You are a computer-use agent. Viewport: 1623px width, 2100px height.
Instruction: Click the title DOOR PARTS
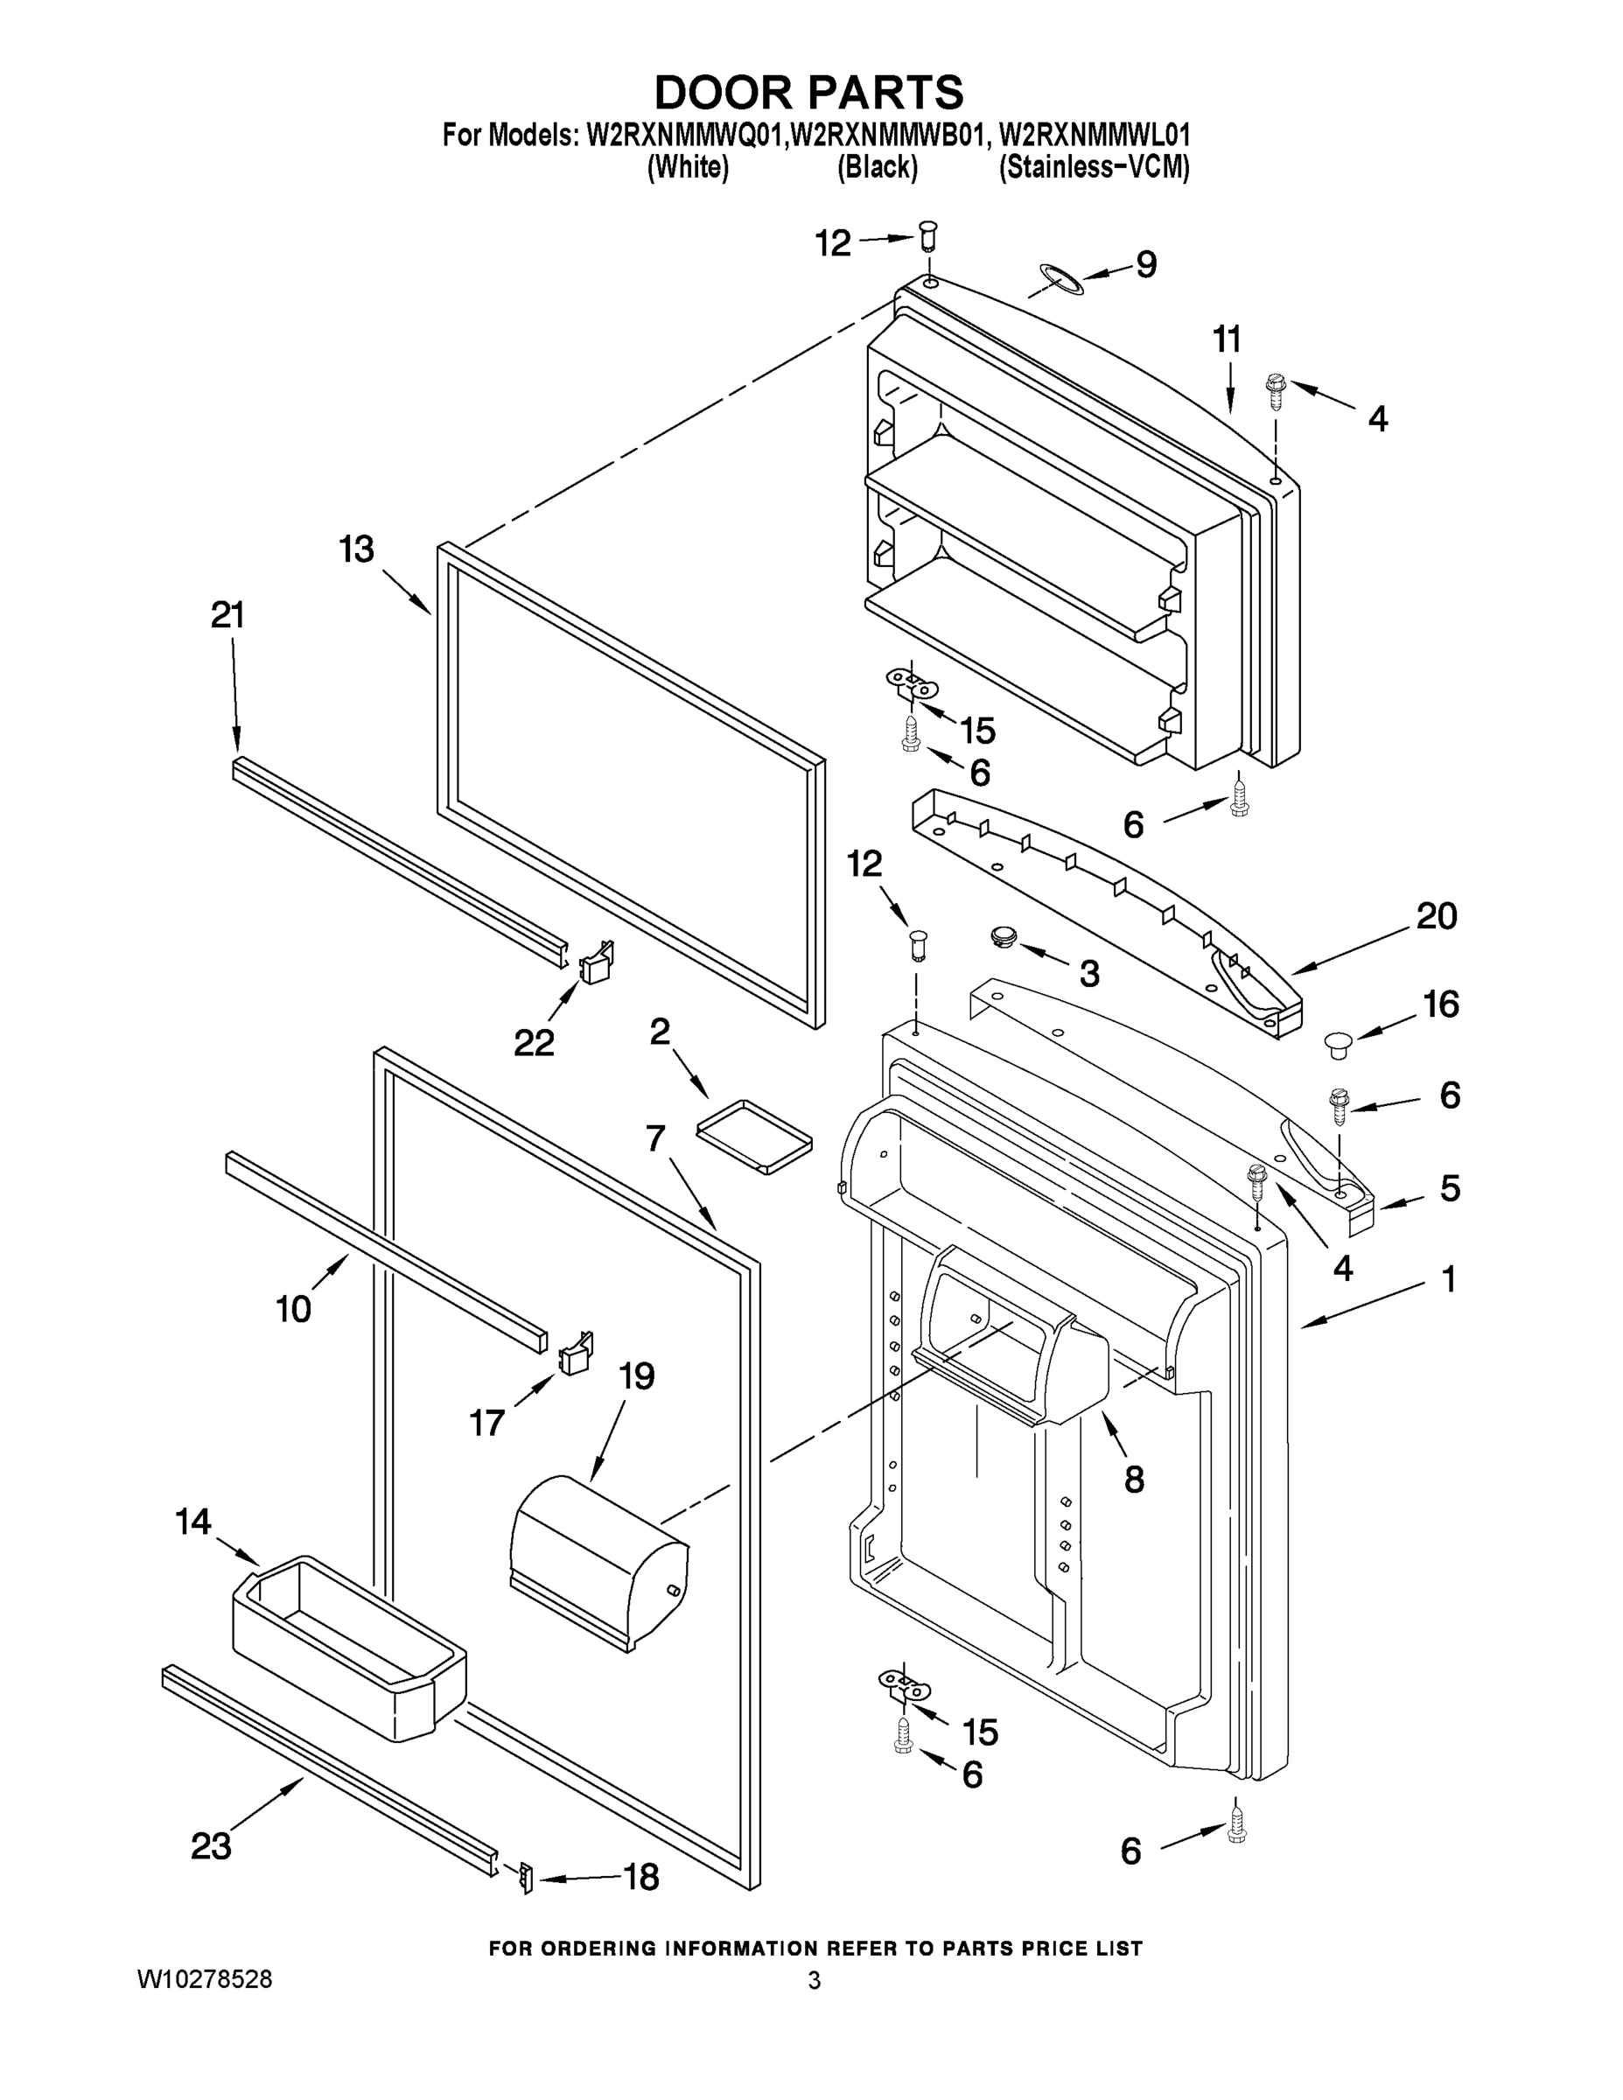(x=808, y=94)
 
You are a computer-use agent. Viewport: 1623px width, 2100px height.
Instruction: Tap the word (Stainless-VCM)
(x=1095, y=167)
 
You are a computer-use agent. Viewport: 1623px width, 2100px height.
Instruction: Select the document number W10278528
(x=204, y=1980)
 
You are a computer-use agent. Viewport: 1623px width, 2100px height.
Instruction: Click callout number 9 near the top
(x=1146, y=264)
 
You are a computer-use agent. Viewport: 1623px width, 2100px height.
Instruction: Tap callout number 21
(x=227, y=614)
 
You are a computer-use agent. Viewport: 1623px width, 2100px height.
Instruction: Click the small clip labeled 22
(x=596, y=962)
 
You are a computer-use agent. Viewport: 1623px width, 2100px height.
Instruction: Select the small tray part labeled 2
(x=755, y=1137)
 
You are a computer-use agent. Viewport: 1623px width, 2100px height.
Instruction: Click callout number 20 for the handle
(x=1437, y=916)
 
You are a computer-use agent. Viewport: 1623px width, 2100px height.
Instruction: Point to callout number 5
(x=1450, y=1188)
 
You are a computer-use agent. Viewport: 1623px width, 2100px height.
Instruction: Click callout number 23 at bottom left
(x=212, y=1845)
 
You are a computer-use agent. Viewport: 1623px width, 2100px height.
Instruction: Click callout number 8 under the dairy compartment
(x=1135, y=1479)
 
